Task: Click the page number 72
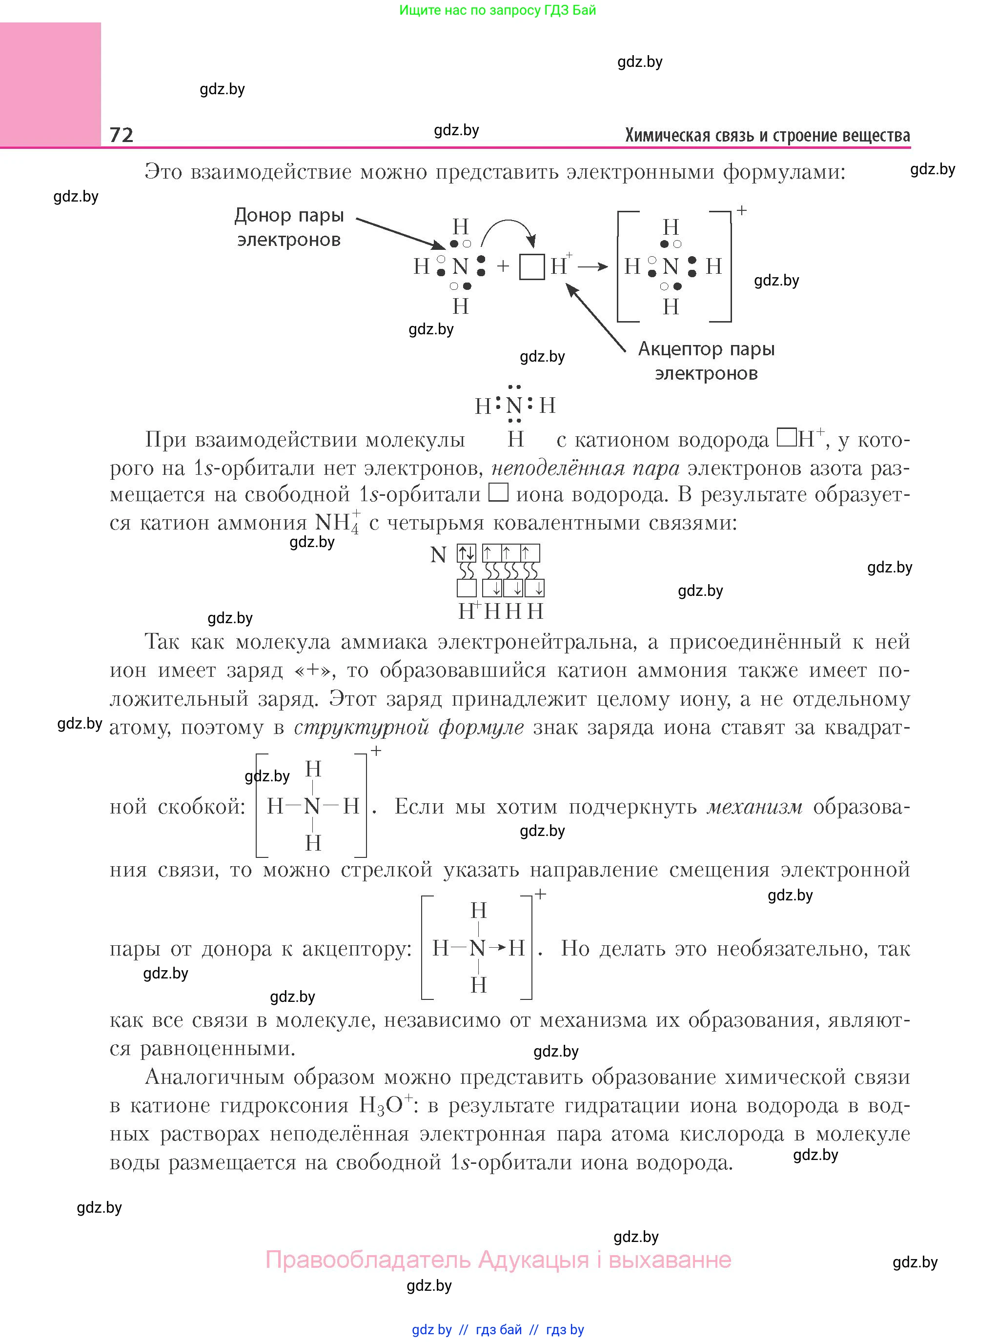122,135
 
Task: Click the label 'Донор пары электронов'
289,227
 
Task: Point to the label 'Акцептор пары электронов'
706,361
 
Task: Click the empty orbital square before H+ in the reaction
532,267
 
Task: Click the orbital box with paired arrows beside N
467,553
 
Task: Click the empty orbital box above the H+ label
467,588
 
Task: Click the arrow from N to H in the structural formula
497,948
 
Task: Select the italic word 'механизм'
754,807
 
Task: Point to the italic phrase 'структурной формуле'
408,728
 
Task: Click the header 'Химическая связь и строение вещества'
767,135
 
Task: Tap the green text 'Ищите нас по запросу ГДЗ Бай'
497,10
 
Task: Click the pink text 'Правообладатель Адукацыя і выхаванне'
499,1260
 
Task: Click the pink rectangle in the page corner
50,84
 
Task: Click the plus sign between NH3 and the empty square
503,266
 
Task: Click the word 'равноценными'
218,1048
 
